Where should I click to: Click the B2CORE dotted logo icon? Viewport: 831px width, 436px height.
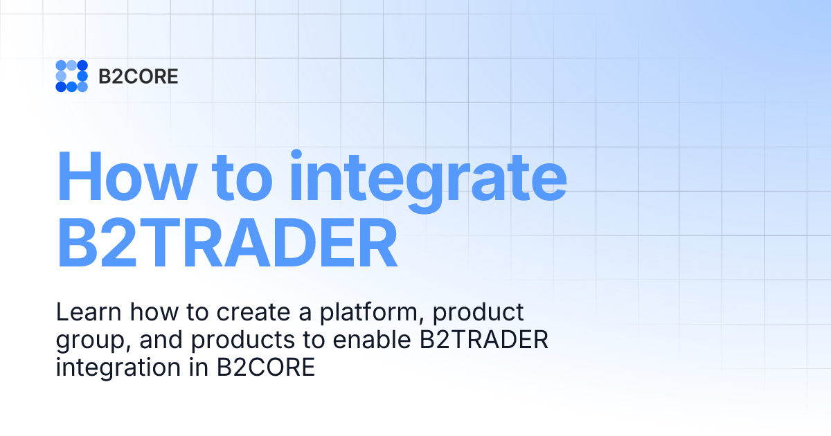71,76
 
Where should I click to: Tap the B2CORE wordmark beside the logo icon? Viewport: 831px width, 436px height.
138,76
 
